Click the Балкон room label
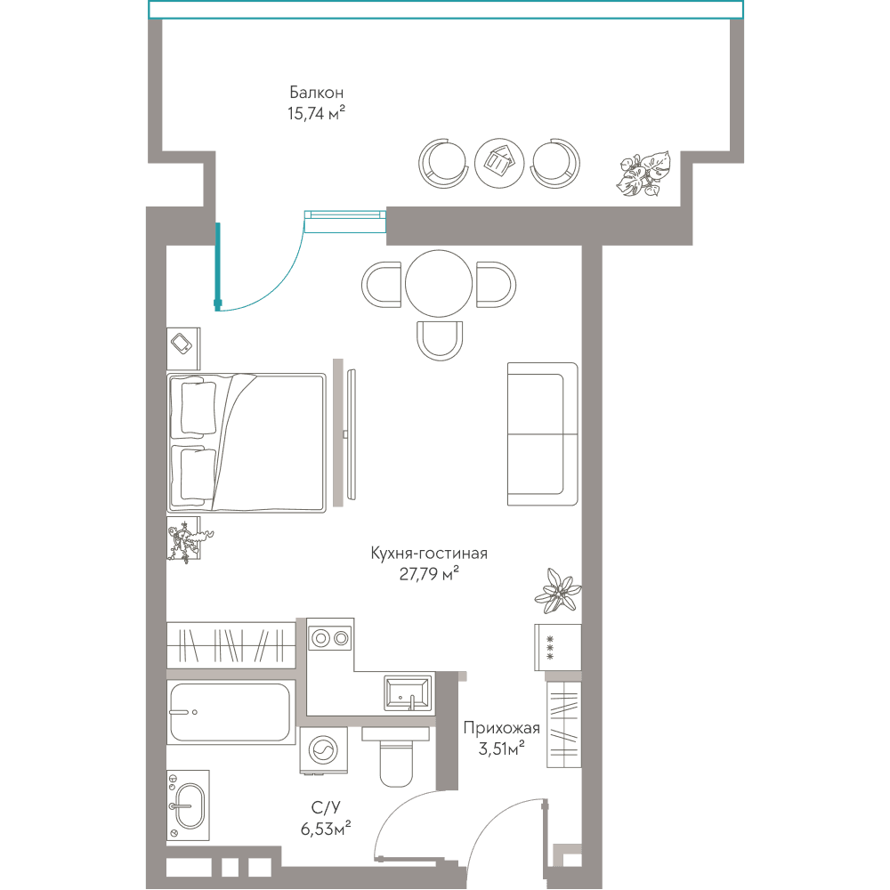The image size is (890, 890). pyautogui.click(x=316, y=92)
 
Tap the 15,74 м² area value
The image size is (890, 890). pyautogui.click(x=316, y=113)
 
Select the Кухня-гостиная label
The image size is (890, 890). pyautogui.click(x=429, y=553)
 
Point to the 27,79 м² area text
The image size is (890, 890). pyautogui.click(x=429, y=574)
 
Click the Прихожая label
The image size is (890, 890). pyautogui.click(x=501, y=728)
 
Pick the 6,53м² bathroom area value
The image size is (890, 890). pyautogui.click(x=325, y=829)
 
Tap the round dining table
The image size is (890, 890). pyautogui.click(x=439, y=284)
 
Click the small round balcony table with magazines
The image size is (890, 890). pyautogui.click(x=499, y=164)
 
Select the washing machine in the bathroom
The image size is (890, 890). pyautogui.click(x=324, y=750)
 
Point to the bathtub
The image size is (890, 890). pyautogui.click(x=231, y=712)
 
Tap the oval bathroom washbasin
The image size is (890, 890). pyautogui.click(x=189, y=805)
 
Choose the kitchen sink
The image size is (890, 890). pyautogui.click(x=408, y=693)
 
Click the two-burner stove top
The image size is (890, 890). pyautogui.click(x=330, y=638)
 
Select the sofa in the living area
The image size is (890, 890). pyautogui.click(x=542, y=434)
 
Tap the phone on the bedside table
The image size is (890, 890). pyautogui.click(x=182, y=344)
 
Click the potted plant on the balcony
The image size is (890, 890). pyautogui.click(x=643, y=174)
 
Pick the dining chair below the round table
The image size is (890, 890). pyautogui.click(x=440, y=341)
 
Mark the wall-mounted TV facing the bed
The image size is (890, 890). pyautogui.click(x=352, y=434)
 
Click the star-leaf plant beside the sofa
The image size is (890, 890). pyautogui.click(x=558, y=590)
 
